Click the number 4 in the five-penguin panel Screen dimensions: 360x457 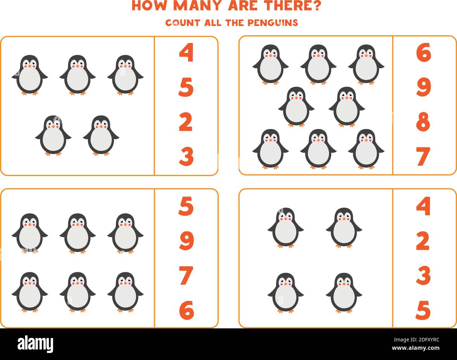click(x=186, y=53)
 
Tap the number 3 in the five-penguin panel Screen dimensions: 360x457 click(x=186, y=156)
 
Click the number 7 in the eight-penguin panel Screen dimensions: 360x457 click(x=423, y=156)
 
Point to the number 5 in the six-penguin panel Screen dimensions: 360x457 click(x=186, y=206)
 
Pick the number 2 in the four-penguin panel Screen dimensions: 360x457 click(x=423, y=241)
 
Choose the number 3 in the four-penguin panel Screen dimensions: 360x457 click(x=423, y=275)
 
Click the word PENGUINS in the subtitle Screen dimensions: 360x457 click(x=272, y=22)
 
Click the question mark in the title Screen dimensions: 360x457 click(x=316, y=6)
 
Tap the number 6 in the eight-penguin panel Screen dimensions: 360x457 click(x=423, y=53)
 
